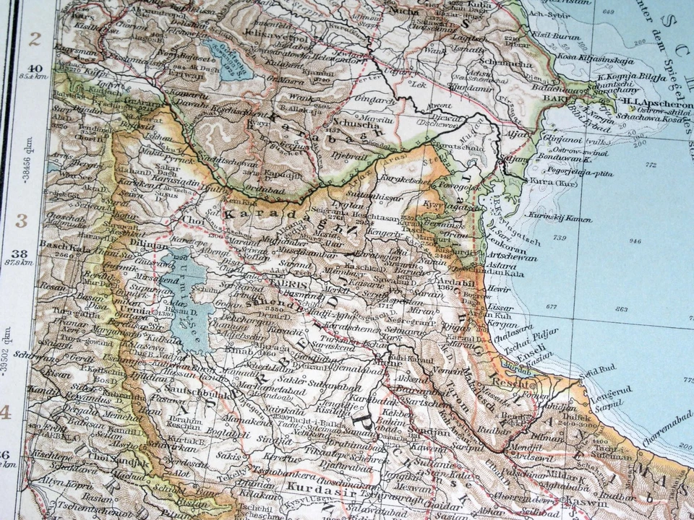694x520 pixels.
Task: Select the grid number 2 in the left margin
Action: [34, 40]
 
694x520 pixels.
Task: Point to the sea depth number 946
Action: [634, 241]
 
